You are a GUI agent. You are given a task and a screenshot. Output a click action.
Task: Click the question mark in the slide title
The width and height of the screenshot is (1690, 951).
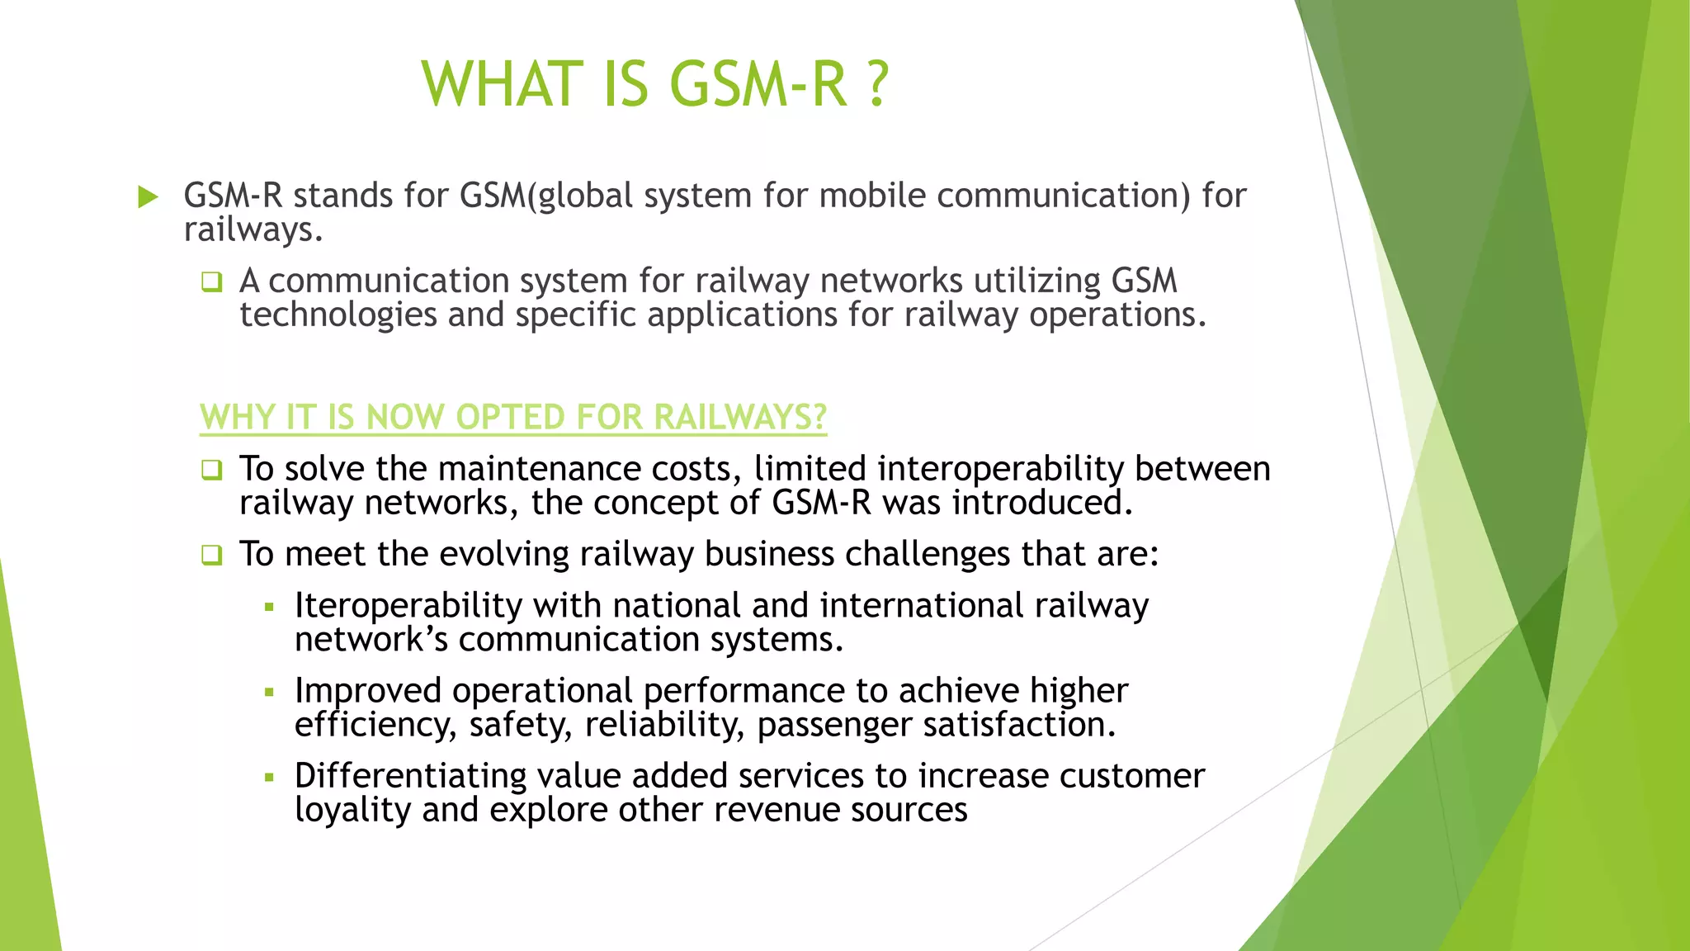(x=878, y=84)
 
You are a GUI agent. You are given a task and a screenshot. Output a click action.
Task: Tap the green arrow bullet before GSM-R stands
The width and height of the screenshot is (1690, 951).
(x=149, y=197)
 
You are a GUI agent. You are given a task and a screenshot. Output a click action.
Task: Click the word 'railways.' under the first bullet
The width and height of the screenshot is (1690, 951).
(x=253, y=230)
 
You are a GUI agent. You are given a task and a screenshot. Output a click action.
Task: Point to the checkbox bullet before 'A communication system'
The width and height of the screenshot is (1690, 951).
(x=212, y=282)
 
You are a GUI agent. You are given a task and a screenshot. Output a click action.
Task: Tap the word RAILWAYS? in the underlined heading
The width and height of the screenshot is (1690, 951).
(x=739, y=417)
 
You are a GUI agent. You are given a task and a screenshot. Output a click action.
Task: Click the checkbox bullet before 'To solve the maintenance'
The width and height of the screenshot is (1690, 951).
(x=212, y=471)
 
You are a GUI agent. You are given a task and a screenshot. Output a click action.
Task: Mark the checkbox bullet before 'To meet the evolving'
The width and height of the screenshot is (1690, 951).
(x=212, y=556)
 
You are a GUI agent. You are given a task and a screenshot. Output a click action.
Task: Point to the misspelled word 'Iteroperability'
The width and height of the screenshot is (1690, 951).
(x=408, y=606)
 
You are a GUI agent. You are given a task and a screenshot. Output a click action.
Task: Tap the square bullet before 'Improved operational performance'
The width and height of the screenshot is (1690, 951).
(x=269, y=693)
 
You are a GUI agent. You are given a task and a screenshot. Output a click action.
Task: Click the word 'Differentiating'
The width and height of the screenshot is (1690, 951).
(x=410, y=776)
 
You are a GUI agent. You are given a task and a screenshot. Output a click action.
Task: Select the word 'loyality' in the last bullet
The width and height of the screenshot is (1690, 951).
(x=352, y=810)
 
